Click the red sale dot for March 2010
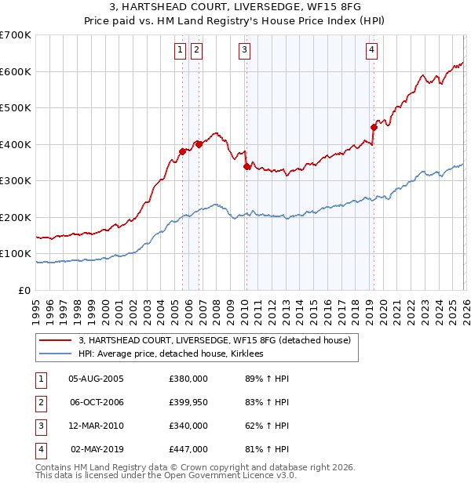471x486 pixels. [246, 166]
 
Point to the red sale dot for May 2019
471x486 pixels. [374, 127]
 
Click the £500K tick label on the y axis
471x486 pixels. [15, 107]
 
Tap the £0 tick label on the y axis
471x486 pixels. [24, 290]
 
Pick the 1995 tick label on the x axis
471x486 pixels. [36, 310]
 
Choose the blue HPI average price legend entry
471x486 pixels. [173, 354]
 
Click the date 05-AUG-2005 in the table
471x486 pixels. [96, 379]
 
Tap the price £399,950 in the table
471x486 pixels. [188, 402]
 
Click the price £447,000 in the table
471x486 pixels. [188, 449]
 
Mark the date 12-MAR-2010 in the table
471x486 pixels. [96, 426]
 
